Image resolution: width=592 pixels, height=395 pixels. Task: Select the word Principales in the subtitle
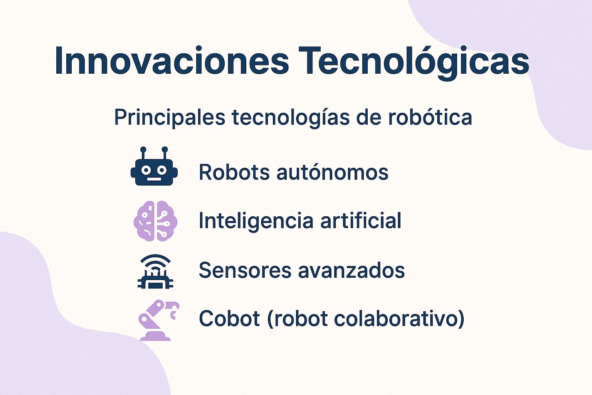click(x=170, y=117)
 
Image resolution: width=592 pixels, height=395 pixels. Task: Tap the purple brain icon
click(x=155, y=221)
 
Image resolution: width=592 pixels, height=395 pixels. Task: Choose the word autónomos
click(x=332, y=172)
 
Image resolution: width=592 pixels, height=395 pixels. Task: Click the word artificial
click(x=361, y=221)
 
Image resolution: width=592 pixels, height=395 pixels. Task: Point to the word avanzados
click(x=351, y=270)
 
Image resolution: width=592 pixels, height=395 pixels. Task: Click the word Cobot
click(x=229, y=319)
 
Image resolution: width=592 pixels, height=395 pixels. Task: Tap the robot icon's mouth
click(x=154, y=179)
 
